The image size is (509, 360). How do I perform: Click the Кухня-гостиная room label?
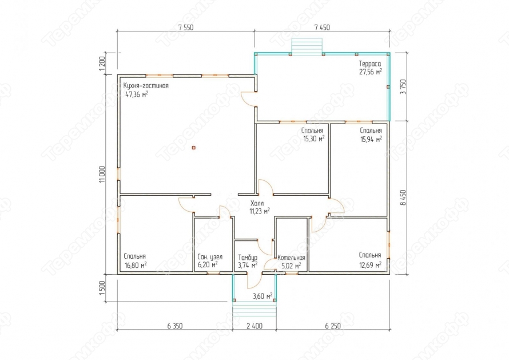pyautogui.click(x=146, y=86)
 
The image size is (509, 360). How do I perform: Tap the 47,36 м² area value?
pyautogui.click(x=137, y=94)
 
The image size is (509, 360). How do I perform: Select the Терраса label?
pyautogui.click(x=369, y=64)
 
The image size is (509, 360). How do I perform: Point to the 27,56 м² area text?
pyautogui.click(x=370, y=72)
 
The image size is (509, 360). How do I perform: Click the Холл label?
pyautogui.click(x=257, y=203)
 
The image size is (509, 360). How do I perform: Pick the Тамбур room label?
pyautogui.click(x=248, y=257)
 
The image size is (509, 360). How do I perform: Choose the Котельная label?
pyautogui.click(x=291, y=258)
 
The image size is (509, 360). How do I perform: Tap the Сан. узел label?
pyautogui.click(x=210, y=257)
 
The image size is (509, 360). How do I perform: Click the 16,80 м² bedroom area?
pyautogui.click(x=136, y=265)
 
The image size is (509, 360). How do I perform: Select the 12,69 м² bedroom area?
pyautogui.click(x=370, y=265)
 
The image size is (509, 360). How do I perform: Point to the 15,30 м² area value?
pyautogui.click(x=314, y=139)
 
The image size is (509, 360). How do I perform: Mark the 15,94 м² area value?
pyautogui.click(x=371, y=139)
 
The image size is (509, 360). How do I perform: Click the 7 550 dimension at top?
pyautogui.click(x=186, y=27)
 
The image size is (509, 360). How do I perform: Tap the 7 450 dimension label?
pyautogui.click(x=322, y=27)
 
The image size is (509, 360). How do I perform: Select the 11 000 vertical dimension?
pyautogui.click(x=102, y=175)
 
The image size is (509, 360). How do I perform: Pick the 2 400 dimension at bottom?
pyautogui.click(x=254, y=326)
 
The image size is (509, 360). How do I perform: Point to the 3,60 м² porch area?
pyautogui.click(x=263, y=296)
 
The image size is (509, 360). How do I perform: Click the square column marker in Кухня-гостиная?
pyautogui.click(x=193, y=148)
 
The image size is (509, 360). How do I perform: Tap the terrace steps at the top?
pyautogui.click(x=307, y=46)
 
